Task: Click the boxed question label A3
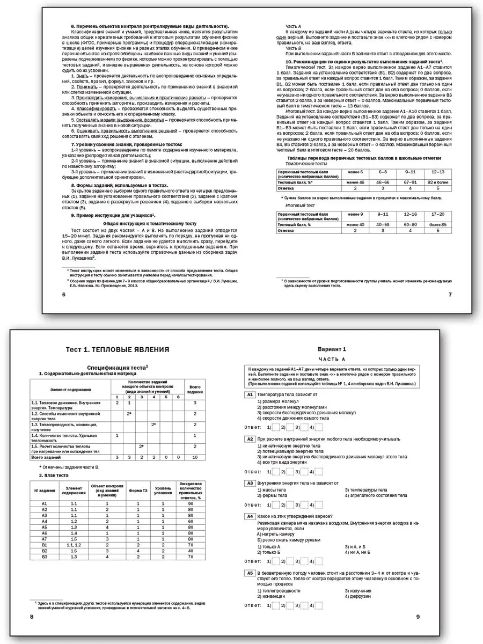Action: pyautogui.click(x=249, y=483)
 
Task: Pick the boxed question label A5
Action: pyautogui.click(x=249, y=573)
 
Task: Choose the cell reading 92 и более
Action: pyautogui.click(x=436, y=183)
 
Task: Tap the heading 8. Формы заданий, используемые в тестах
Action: pyautogui.click(x=120, y=185)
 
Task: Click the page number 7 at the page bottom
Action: pyautogui.click(x=450, y=294)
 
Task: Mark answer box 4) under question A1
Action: pyautogui.click(x=319, y=427)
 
